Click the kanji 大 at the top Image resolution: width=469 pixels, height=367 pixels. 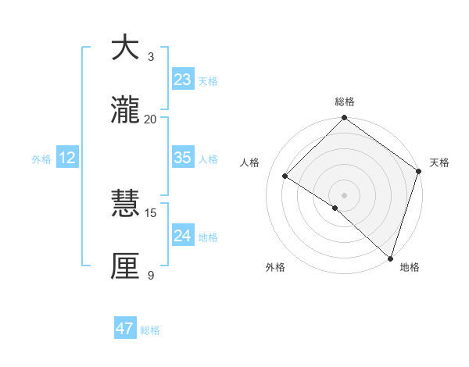coord(127,48)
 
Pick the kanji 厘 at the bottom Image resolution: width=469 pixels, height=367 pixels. coord(127,267)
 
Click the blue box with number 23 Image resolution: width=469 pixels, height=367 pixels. coord(182,80)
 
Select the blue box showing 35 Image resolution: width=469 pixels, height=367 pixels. coord(182,158)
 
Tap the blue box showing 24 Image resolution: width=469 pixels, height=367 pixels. coord(182,236)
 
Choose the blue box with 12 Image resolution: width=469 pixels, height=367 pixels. coord(67,158)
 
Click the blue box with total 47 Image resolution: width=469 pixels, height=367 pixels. coord(125,329)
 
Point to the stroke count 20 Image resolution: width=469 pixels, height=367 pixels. coord(150,119)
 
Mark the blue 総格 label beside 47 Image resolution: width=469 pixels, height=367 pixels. coord(150,330)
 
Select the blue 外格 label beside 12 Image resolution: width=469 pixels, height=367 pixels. coord(41,159)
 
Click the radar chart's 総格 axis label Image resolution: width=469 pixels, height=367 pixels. coord(345,102)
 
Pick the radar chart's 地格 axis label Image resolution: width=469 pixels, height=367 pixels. coord(410,267)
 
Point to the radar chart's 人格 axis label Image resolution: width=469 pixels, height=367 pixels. coord(250,162)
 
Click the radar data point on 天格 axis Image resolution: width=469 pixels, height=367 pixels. coord(419,172)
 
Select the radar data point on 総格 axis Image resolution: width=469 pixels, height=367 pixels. coord(345,119)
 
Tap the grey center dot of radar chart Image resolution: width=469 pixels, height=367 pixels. coord(345,194)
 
